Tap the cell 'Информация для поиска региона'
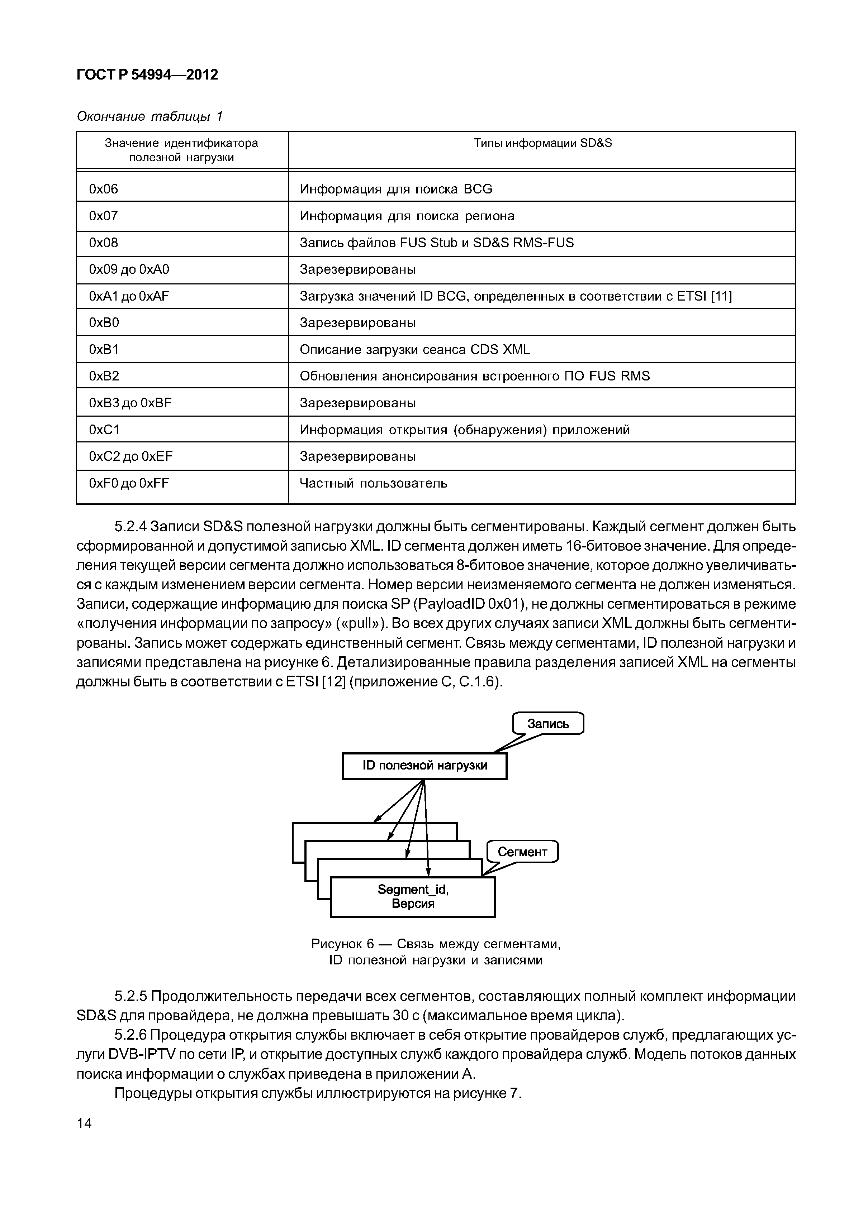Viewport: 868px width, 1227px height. click(x=407, y=216)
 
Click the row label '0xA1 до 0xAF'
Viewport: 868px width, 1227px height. click(x=129, y=296)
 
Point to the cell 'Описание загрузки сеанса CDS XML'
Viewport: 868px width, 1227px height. click(x=414, y=350)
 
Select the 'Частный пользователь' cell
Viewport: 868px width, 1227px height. click(x=373, y=484)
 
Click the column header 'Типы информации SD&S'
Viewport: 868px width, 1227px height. click(x=542, y=143)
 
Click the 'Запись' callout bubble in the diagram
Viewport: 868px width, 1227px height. click(x=548, y=724)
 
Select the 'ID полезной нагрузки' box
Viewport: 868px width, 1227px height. click(x=424, y=765)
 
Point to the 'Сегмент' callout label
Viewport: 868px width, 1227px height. click(x=522, y=852)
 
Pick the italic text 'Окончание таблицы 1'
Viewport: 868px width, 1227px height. click(x=150, y=116)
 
